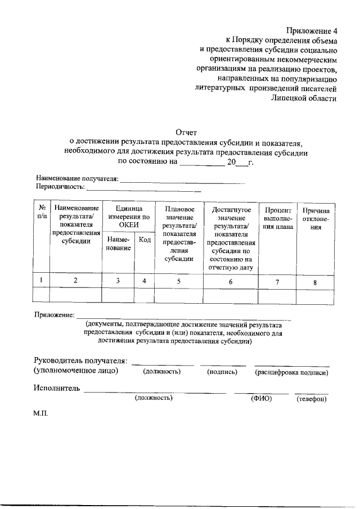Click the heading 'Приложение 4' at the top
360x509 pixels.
[x=311, y=30]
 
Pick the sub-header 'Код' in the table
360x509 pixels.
[x=145, y=240]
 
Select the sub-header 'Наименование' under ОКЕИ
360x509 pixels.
[x=118, y=244]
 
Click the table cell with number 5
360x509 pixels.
[x=179, y=281]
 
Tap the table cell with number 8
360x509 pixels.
[x=316, y=282]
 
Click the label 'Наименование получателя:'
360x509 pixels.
[x=77, y=179]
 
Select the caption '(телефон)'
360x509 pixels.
[x=312, y=399]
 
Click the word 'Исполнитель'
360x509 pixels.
[x=56, y=388]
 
